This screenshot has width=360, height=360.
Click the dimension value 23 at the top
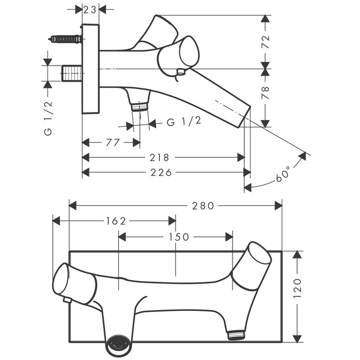(90, 10)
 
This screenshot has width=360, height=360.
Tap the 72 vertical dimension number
(266, 42)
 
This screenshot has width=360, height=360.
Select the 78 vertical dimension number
(266, 93)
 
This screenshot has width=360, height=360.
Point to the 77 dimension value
(113, 142)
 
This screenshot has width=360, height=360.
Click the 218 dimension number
(159, 158)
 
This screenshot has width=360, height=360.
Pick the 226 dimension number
(161, 172)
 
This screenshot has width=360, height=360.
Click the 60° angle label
(283, 173)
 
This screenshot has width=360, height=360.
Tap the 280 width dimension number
(203, 206)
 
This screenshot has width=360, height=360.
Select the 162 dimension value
(116, 221)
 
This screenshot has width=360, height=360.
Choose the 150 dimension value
(179, 237)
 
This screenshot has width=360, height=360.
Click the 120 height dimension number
(298, 289)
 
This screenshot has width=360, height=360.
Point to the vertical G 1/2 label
(48, 118)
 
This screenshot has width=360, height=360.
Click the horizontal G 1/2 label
(184, 122)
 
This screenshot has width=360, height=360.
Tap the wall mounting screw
(65, 39)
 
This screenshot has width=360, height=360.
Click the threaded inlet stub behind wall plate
(72, 73)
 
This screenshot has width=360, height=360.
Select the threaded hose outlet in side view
(139, 107)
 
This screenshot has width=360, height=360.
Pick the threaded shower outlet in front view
(236, 335)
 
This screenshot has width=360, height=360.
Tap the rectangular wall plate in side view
(91, 69)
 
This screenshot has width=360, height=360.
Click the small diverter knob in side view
(181, 72)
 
